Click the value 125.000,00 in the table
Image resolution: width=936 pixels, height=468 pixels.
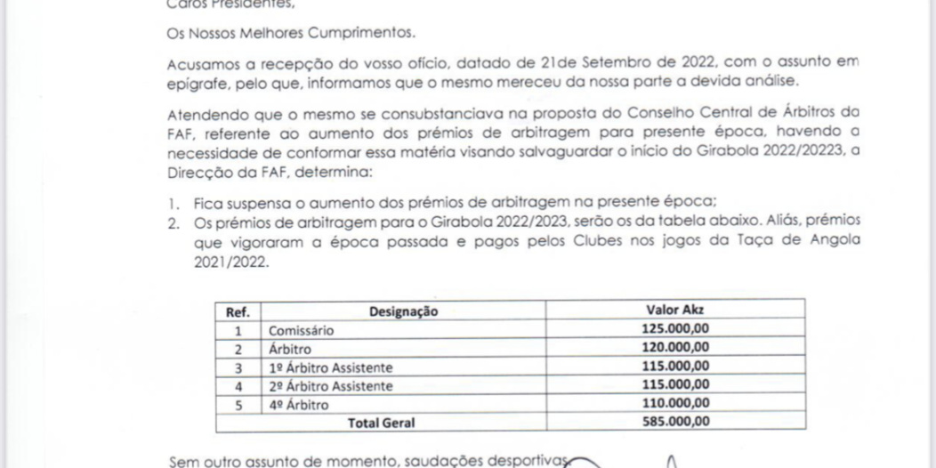[674, 328]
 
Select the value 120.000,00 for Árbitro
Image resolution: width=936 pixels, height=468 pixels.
[674, 347]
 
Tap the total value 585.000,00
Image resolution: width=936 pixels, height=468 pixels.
[674, 422]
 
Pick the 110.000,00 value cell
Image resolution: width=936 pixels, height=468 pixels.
[674, 403]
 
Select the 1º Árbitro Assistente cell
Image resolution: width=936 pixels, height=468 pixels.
[330, 367]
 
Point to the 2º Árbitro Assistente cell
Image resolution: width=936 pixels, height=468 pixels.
[330, 386]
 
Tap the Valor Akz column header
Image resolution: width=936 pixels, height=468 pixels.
[674, 310]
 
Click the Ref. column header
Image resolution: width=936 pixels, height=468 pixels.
[238, 311]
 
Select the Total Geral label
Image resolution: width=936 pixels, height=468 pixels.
[380, 423]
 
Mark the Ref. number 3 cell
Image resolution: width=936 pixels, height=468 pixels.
[238, 367]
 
